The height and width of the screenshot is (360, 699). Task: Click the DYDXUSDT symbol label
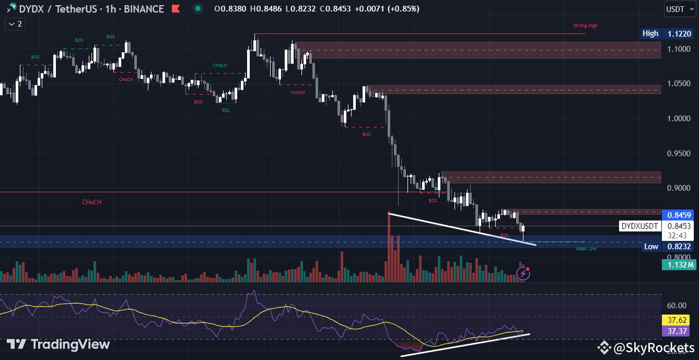pyautogui.click(x=639, y=226)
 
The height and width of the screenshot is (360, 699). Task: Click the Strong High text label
pyautogui.click(x=585, y=26)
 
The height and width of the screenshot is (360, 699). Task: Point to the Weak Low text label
pyautogui.click(x=586, y=249)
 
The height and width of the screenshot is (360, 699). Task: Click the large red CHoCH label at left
pyautogui.click(x=91, y=202)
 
